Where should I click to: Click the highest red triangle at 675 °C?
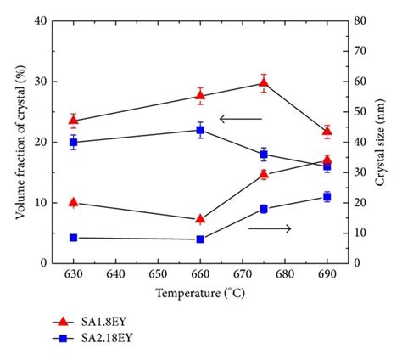pyautogui.click(x=264, y=82)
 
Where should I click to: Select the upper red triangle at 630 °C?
pyautogui.click(x=74, y=121)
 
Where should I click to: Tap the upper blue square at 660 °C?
pyautogui.click(x=200, y=130)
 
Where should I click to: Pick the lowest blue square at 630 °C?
pyautogui.click(x=74, y=238)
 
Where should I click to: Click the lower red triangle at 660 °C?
pyautogui.click(x=200, y=219)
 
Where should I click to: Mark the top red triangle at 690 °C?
pyautogui.click(x=327, y=132)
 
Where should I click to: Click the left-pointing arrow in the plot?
pyautogui.click(x=240, y=119)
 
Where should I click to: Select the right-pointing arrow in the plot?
pyautogui.click(x=270, y=228)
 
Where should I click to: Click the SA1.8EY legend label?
pyautogui.click(x=105, y=321)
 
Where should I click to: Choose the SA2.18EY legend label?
pyautogui.click(x=108, y=337)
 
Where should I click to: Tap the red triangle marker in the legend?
pyautogui.click(x=62, y=321)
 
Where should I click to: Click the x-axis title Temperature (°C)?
pyautogui.click(x=200, y=294)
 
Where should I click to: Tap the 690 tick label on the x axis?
pyautogui.click(x=327, y=275)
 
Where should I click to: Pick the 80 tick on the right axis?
pyautogui.click(x=360, y=20)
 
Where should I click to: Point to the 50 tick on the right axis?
pyautogui.click(x=360, y=111)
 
